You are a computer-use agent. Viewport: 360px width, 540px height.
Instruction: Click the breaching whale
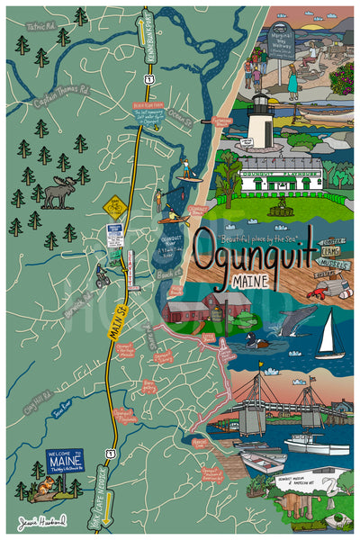(295, 320)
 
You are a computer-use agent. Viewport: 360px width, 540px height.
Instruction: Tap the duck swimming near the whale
(257, 341)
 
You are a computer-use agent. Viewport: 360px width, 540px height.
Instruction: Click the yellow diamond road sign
(113, 207)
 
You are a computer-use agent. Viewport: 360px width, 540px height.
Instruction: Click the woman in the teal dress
(293, 81)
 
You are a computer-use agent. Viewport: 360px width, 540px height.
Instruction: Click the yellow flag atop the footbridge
(262, 366)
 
